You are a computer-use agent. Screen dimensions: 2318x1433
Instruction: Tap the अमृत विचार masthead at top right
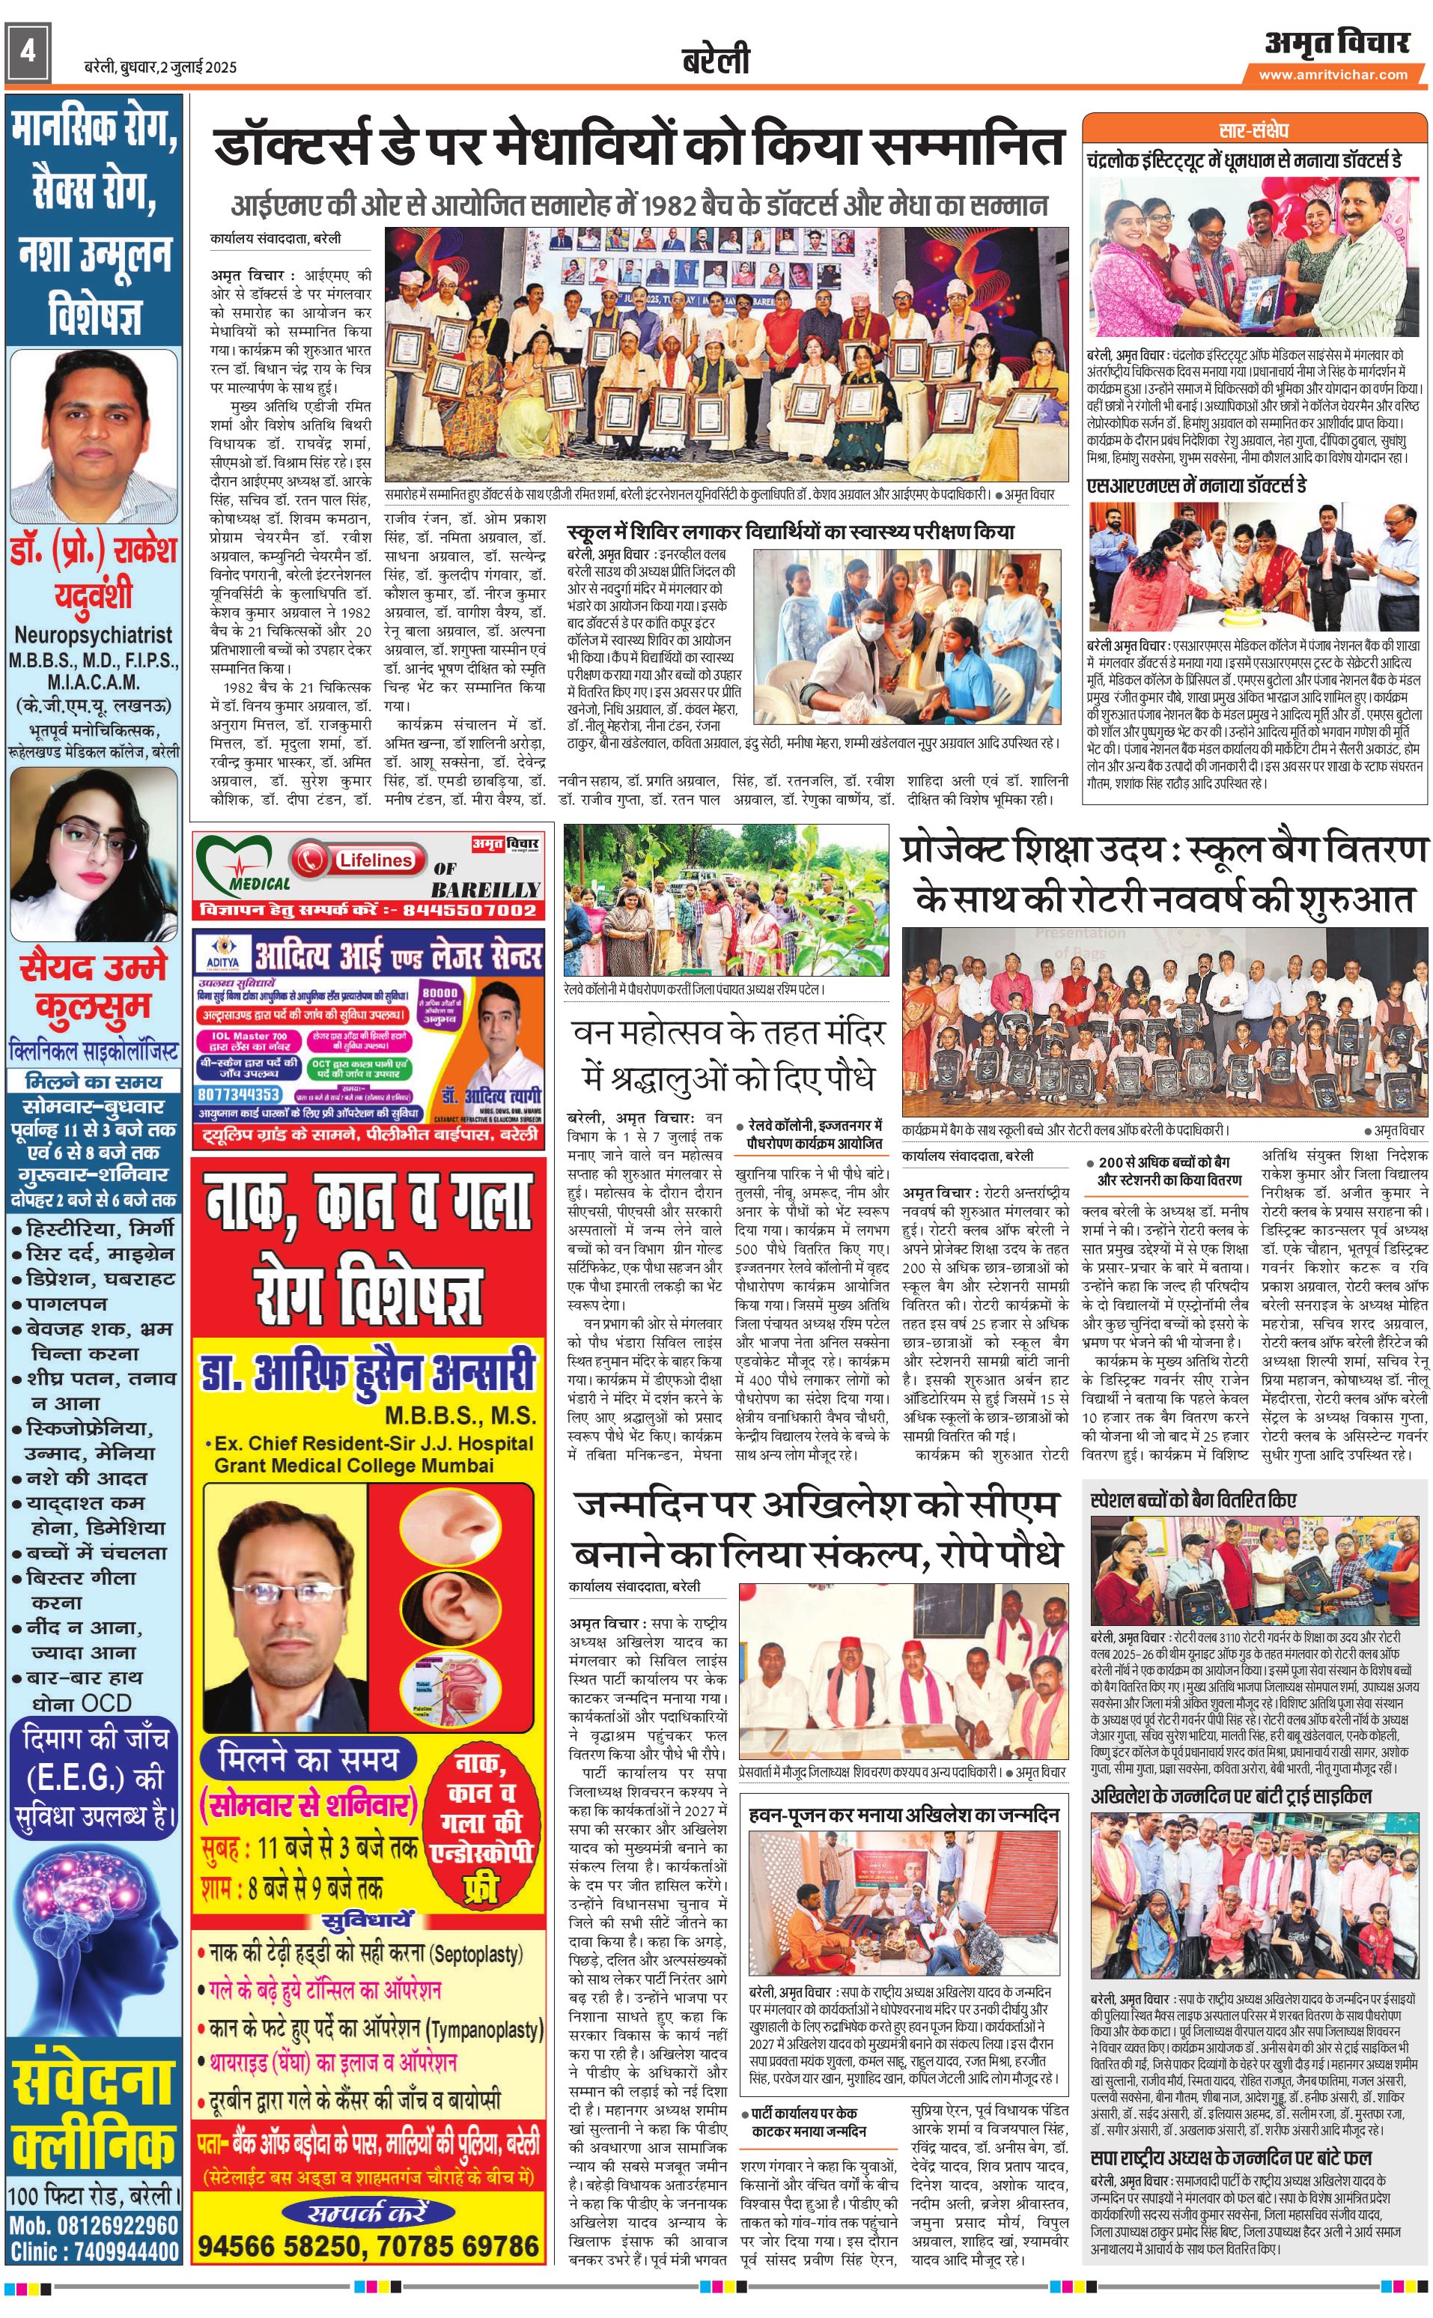click(x=1336, y=43)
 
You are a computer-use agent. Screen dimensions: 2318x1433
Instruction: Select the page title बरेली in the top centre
click(x=716, y=60)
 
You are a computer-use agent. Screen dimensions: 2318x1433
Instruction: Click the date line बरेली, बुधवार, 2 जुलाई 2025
click(x=159, y=67)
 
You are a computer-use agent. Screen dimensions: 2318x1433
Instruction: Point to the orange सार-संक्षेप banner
click(x=1254, y=130)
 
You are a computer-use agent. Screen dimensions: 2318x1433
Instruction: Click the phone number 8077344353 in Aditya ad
click(x=239, y=1094)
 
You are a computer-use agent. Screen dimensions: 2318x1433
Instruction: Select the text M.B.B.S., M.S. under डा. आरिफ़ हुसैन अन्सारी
click(x=460, y=1416)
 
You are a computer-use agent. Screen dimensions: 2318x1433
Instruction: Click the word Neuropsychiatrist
click(x=93, y=635)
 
